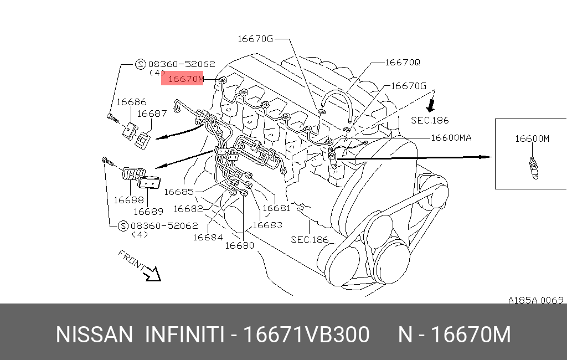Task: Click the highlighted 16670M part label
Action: coord(186,80)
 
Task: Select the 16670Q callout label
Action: coord(403,63)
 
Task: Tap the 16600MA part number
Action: coord(451,137)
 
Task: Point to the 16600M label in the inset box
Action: coord(532,138)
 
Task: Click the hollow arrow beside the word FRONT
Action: coord(152,273)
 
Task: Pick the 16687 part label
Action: coord(152,114)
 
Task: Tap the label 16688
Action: coord(128,200)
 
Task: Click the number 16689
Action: coord(148,211)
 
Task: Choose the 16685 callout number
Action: coord(179,192)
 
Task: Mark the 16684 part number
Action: coord(208,237)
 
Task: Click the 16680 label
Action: coord(239,245)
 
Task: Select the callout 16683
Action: coord(267,225)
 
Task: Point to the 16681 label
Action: coord(276,208)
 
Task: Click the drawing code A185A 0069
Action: coord(535,300)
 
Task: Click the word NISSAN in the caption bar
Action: coord(94,335)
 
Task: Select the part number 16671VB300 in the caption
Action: coord(306,335)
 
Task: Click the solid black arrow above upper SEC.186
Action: coord(430,105)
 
